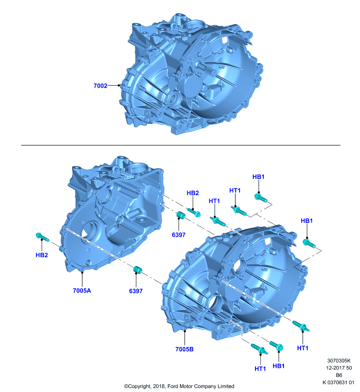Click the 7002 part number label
click(101, 86)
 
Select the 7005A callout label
click(82, 291)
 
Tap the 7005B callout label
click(184, 349)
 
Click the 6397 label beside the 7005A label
click(136, 291)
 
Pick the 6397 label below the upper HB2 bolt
click(179, 235)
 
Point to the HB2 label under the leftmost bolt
click(42, 255)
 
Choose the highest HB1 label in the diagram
click(258, 177)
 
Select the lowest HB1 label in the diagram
click(279, 366)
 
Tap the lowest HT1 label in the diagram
click(260, 369)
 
